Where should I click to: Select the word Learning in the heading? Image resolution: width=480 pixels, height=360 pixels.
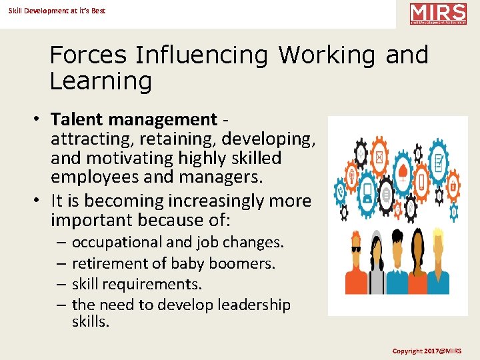(x=101, y=81)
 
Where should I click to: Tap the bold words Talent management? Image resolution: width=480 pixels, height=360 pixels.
(x=134, y=120)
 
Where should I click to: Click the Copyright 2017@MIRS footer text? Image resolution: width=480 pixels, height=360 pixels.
(x=427, y=351)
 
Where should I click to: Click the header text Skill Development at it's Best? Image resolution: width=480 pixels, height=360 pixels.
(x=57, y=11)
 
